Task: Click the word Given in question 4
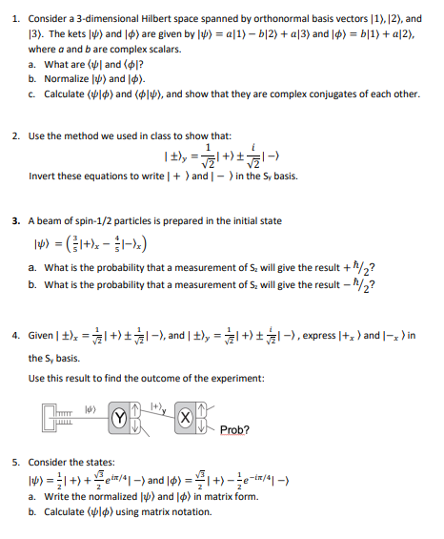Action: [42, 335]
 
